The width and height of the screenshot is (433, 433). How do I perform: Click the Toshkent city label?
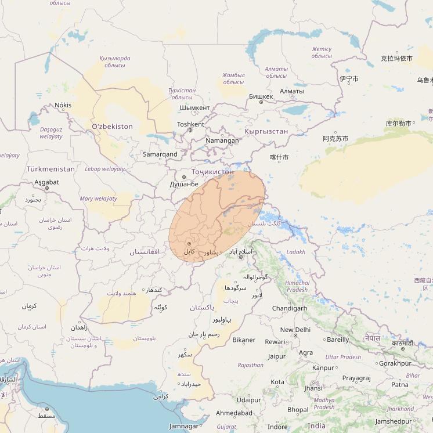click(190, 124)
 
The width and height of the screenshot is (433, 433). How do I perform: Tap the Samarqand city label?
click(160, 154)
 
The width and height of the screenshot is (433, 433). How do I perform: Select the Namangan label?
click(222, 140)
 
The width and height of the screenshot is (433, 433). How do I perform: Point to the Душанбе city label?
click(184, 184)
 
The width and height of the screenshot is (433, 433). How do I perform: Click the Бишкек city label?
click(260, 96)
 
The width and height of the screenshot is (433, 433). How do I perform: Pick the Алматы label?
click(291, 91)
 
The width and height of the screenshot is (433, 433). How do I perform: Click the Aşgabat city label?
click(46, 182)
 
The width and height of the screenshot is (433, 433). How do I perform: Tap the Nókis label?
click(63, 105)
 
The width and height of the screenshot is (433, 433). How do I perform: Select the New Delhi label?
click(295, 330)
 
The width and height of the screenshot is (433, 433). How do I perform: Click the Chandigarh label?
click(289, 308)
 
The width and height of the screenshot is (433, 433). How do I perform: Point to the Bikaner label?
click(243, 340)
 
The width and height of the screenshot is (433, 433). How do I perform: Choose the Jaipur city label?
click(277, 356)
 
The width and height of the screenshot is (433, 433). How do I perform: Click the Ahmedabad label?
click(234, 413)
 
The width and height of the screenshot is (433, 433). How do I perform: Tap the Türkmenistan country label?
click(50, 169)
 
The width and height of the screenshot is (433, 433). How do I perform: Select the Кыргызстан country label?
click(266, 131)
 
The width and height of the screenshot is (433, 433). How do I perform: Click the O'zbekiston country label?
click(112, 127)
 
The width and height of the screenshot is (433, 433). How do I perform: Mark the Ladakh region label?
click(295, 252)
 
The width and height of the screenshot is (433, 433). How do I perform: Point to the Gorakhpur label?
click(395, 363)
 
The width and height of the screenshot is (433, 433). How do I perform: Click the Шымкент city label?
click(194, 108)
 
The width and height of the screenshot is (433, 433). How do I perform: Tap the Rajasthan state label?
click(251, 365)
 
